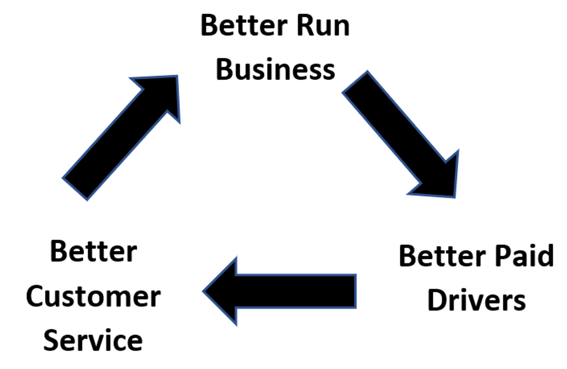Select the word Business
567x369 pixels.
[x=275, y=70]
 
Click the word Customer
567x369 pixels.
[x=93, y=297]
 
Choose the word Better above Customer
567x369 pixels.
[x=94, y=252]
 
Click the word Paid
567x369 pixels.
[x=524, y=256]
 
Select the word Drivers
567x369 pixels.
[x=477, y=300]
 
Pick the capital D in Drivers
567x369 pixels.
[x=435, y=300]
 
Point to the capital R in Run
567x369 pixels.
[x=304, y=26]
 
